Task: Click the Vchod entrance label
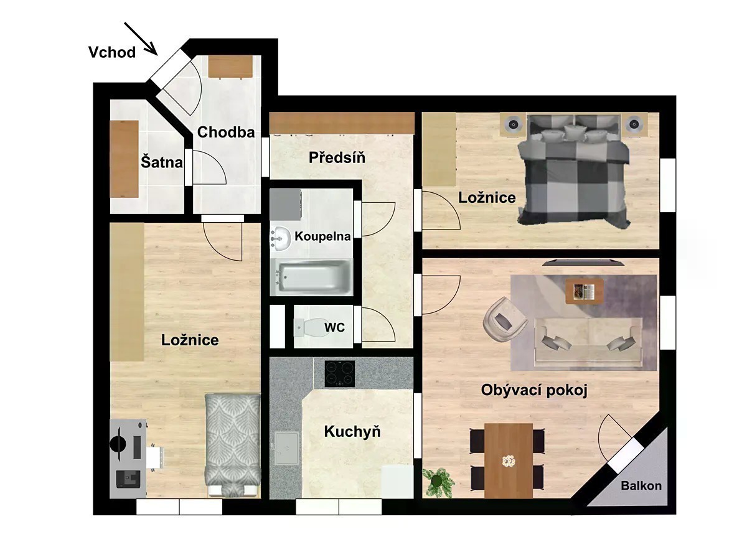coord(112,52)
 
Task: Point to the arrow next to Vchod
coord(141,39)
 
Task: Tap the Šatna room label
coord(162,162)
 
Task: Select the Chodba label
coord(226,133)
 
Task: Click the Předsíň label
coord(337,157)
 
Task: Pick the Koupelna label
coord(322,236)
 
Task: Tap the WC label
coord(334,327)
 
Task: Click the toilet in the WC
coord(309,328)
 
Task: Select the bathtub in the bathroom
coord(312,277)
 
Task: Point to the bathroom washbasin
coord(280,239)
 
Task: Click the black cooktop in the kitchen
coord(339,374)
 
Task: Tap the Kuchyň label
coord(352,431)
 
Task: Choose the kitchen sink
coord(286,449)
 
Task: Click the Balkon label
coord(641,485)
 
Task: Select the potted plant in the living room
coord(438,482)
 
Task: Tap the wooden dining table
coord(509,460)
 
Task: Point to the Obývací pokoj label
coord(534,390)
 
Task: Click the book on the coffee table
coord(585,291)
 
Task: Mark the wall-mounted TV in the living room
coord(583,262)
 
